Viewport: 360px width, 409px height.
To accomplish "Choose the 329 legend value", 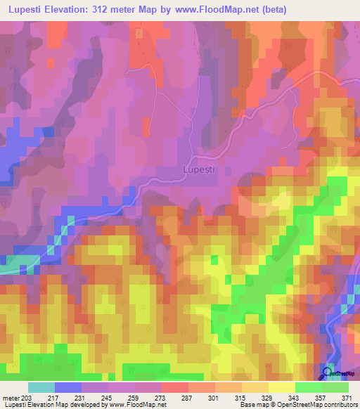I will [x=268, y=397].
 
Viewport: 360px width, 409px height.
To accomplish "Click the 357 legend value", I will [x=321, y=397].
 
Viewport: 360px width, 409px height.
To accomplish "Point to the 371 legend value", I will [x=347, y=397].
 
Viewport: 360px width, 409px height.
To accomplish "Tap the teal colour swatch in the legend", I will [x=41, y=387].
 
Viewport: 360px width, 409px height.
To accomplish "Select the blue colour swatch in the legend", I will [x=68, y=387].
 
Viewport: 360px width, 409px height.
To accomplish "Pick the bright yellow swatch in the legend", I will [x=281, y=387].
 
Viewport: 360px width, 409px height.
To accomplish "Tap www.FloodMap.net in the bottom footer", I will [x=138, y=405].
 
